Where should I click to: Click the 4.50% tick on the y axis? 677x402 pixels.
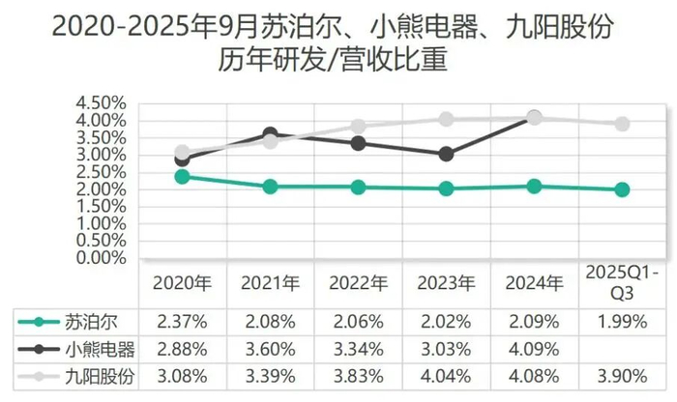(100, 102)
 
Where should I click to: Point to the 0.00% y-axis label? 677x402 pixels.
(100, 258)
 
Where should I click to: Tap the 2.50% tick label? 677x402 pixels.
(100, 172)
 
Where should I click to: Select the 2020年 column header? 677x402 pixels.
(182, 284)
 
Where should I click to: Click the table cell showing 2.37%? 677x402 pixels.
(182, 321)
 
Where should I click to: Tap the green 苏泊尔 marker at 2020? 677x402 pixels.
(182, 176)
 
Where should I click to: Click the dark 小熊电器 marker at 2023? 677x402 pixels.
(446, 154)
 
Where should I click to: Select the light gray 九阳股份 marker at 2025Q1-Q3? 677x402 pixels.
(622, 124)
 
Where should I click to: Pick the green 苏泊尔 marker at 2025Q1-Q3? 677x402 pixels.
(622, 189)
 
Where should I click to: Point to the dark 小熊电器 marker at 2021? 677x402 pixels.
(270, 134)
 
